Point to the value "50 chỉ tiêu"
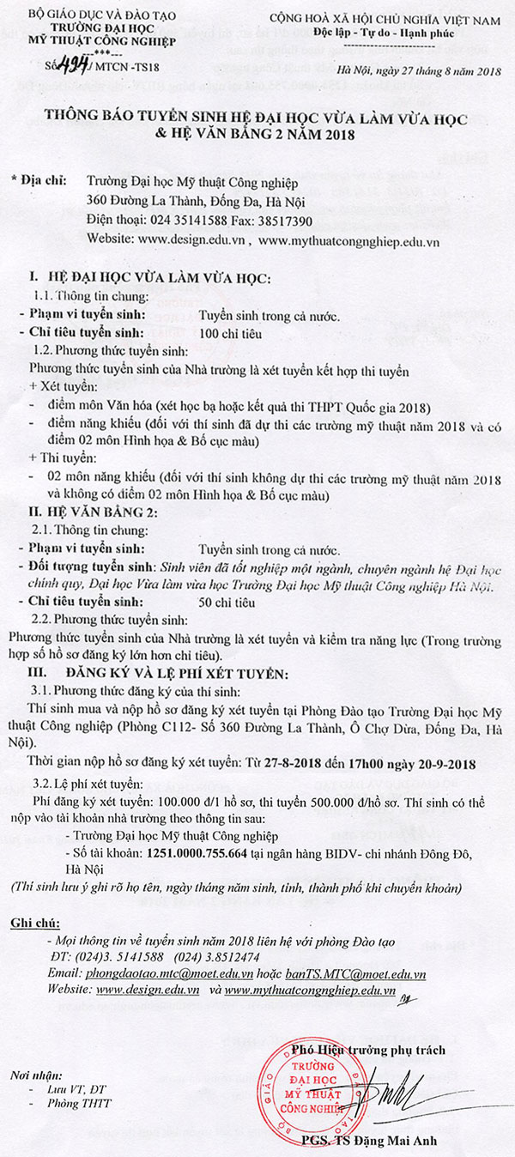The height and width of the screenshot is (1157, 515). [x=226, y=603]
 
